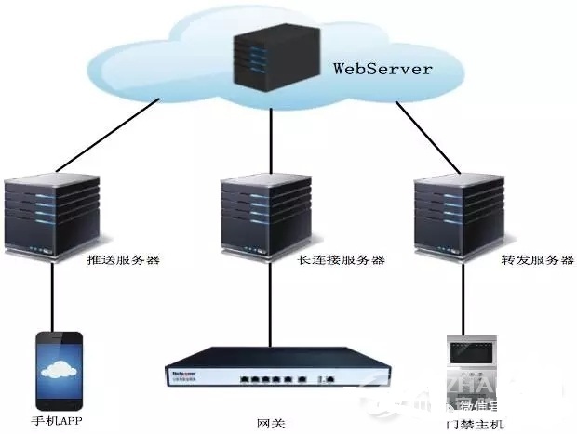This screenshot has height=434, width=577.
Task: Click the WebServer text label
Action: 383,70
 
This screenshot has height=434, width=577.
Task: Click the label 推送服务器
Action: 124,260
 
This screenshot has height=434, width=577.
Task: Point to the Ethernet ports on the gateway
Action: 271,381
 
